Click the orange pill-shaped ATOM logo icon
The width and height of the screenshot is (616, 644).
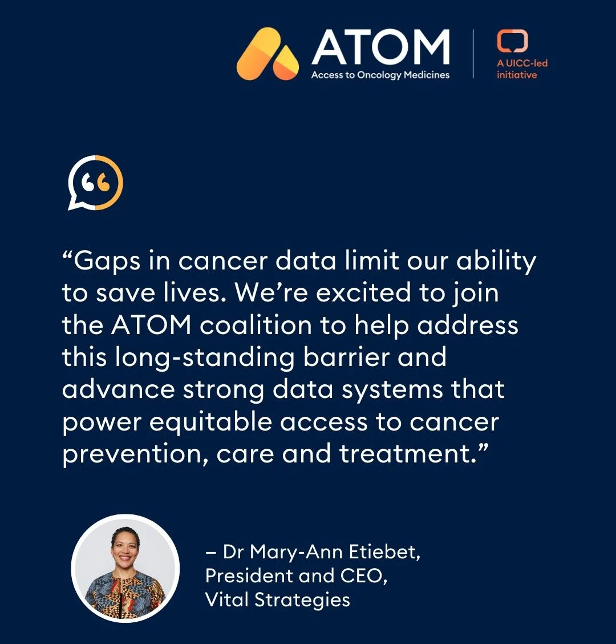click(267, 54)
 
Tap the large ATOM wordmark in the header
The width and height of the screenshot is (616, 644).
click(380, 48)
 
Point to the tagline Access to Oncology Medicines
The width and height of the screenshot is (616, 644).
click(380, 75)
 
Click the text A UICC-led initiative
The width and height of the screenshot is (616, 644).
click(522, 69)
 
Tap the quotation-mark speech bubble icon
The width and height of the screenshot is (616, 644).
click(95, 183)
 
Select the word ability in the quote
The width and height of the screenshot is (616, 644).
click(496, 261)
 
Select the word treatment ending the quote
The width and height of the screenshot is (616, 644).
click(407, 454)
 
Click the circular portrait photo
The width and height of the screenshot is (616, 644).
click(125, 568)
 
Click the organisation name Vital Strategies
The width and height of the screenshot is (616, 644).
click(278, 600)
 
